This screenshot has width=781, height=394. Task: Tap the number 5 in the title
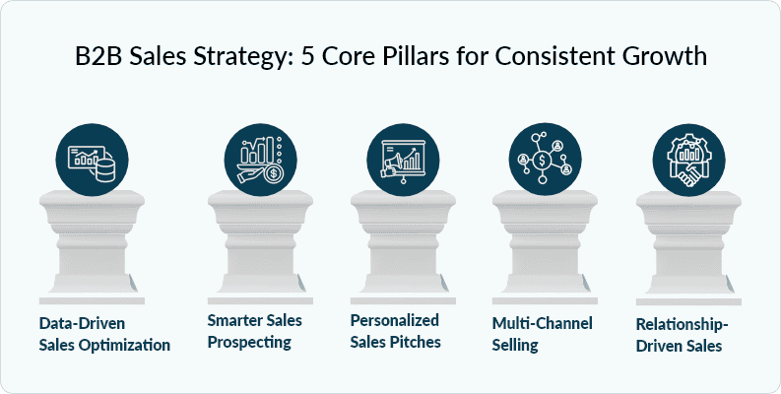point(307,56)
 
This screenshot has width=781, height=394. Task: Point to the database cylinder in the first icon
point(105,170)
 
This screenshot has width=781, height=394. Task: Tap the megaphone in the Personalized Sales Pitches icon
point(391,164)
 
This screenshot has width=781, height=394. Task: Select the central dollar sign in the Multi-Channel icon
point(542,161)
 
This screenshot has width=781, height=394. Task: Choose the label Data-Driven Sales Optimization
point(104,334)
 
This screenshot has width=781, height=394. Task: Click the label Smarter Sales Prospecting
point(254,331)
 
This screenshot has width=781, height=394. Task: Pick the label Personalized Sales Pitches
point(395,331)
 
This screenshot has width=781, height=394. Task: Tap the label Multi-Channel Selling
point(542,334)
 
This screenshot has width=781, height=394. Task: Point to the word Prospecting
point(249,343)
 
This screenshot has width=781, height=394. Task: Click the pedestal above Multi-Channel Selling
point(545,247)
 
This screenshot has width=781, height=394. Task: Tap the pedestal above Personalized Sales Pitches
point(403,247)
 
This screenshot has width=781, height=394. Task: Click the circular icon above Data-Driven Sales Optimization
point(92,160)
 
